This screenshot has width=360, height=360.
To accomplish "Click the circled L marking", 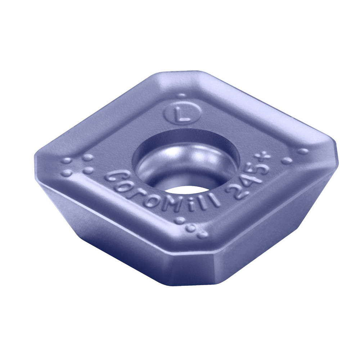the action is coord(183,114).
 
